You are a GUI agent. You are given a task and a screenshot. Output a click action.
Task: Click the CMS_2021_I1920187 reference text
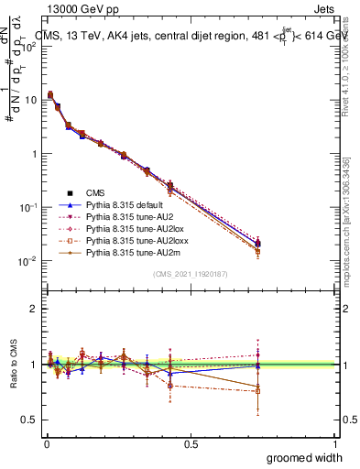tap(191, 274)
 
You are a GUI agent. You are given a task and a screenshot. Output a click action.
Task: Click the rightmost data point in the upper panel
tap(258, 244)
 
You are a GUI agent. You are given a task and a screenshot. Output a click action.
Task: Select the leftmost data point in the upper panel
tap(49, 94)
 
